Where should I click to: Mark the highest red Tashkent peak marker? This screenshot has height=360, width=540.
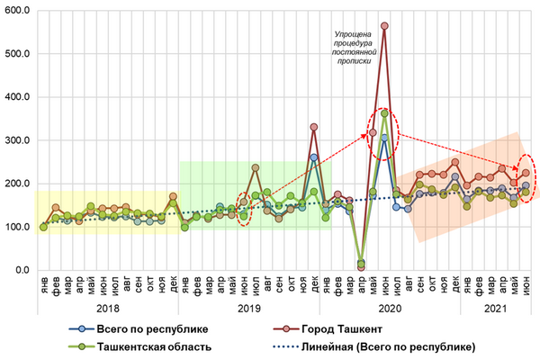(384, 26)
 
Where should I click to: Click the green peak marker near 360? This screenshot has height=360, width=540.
(384, 113)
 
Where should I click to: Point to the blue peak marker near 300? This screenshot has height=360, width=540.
(384, 138)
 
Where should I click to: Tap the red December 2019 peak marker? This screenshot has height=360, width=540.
(314, 127)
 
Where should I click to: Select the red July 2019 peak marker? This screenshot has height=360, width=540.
(256, 167)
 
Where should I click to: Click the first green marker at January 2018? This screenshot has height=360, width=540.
(43, 227)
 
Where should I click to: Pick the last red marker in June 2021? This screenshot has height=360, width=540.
(526, 173)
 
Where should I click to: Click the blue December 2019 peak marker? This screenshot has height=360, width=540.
(314, 157)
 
